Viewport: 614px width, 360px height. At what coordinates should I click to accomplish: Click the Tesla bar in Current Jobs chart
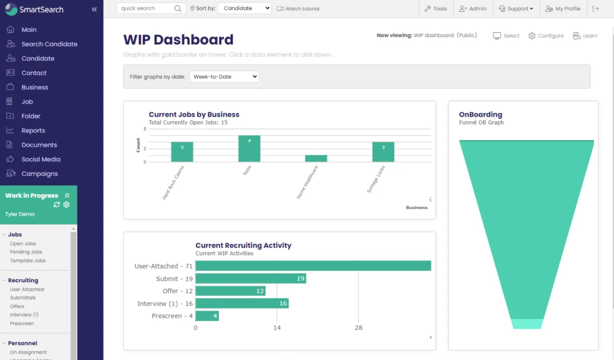point(249,149)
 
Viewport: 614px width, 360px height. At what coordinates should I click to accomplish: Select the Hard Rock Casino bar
point(182,152)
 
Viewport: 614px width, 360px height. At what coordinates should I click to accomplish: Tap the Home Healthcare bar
point(316,159)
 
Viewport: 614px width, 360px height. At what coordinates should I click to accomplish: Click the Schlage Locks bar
point(383,152)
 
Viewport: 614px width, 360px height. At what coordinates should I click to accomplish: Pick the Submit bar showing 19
point(251,279)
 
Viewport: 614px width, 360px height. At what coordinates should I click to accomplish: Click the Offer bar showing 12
point(230,291)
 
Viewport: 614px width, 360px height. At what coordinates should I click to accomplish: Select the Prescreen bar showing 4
point(207,316)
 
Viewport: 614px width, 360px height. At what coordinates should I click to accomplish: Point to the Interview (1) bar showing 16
point(242,304)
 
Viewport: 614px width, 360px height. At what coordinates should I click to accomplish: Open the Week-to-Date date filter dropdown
point(224,77)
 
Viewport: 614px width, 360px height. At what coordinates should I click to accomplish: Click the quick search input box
point(146,9)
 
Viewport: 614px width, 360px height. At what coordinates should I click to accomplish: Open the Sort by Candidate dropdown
point(245,9)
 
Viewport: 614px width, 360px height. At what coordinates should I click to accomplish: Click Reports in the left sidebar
point(33,130)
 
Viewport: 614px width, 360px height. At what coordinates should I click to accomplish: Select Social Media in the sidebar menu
point(41,159)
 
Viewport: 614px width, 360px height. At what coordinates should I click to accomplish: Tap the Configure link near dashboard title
point(546,36)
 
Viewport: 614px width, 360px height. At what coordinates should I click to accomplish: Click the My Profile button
point(563,9)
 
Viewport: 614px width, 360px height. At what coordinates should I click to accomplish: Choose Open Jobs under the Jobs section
point(23,244)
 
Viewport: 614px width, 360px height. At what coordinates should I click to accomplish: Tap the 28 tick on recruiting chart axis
point(358,328)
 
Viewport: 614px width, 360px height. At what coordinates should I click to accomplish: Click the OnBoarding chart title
point(480,115)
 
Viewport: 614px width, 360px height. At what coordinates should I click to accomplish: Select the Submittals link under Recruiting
point(23,298)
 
